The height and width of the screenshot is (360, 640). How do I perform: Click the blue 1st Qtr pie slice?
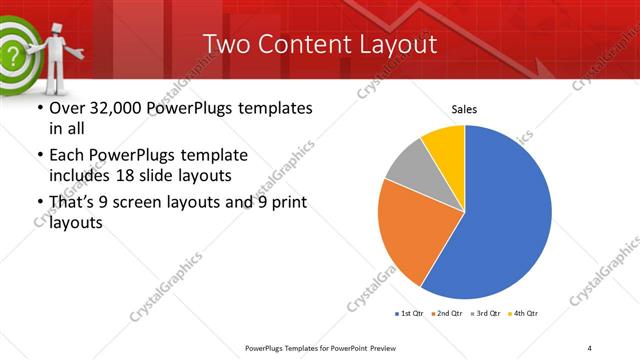(505, 215)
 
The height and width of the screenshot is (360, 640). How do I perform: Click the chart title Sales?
(464, 108)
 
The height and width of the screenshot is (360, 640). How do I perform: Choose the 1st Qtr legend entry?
(409, 314)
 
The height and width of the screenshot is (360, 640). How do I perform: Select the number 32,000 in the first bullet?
(113, 108)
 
